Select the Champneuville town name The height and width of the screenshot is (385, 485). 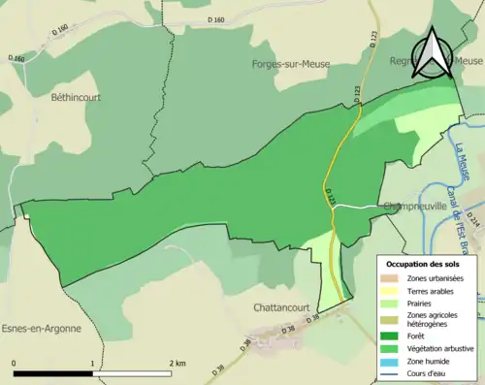point(414,206)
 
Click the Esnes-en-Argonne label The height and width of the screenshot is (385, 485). point(41,328)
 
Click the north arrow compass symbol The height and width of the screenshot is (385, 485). point(433,53)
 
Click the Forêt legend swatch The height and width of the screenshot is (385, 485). point(395,336)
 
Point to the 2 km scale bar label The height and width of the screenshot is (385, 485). point(178,363)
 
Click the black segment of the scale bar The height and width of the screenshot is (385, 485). point(53,373)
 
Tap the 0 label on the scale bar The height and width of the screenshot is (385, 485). point(15,363)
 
